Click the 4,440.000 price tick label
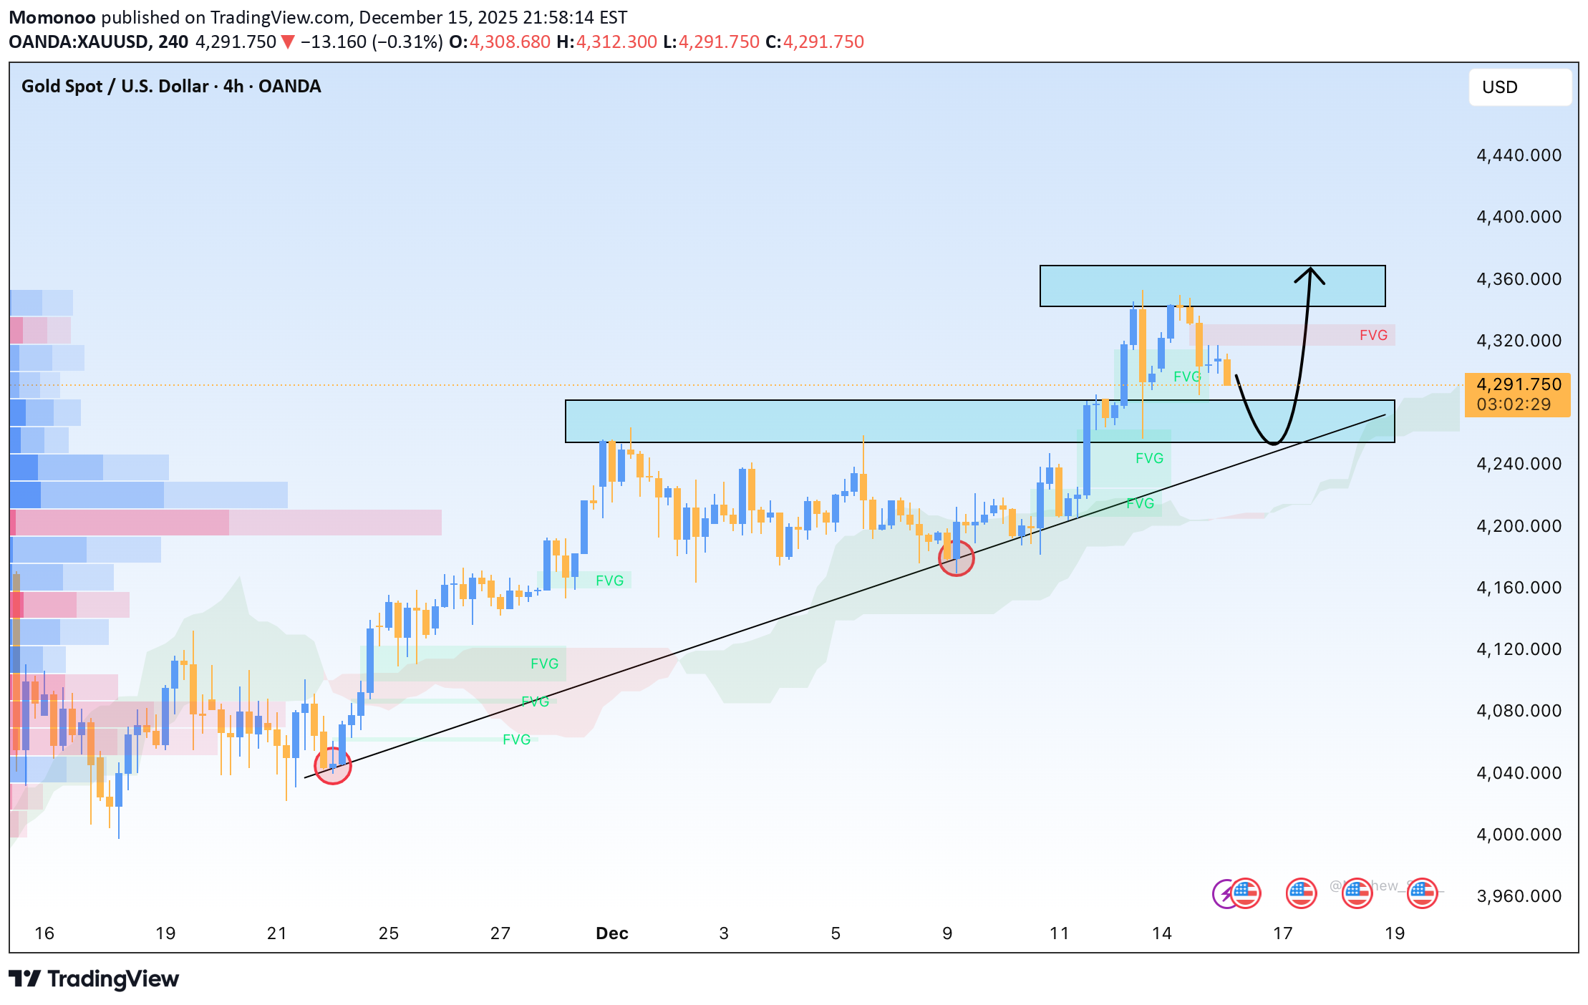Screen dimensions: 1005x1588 [1519, 155]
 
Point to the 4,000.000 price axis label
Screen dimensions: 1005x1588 [1519, 835]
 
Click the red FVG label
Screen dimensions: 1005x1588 [1372, 335]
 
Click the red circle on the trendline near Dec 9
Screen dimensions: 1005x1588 [956, 558]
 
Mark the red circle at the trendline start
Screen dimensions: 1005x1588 [333, 766]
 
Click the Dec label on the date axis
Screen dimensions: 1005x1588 [611, 933]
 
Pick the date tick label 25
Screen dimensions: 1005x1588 [388, 933]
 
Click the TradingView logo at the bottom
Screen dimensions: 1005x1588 [94, 979]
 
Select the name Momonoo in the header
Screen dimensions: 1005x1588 [52, 17]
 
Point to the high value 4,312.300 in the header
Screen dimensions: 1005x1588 [616, 42]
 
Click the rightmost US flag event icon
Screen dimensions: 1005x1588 [1422, 893]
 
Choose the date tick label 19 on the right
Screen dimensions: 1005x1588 [1394, 933]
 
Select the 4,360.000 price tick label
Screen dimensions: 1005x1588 [1519, 279]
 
